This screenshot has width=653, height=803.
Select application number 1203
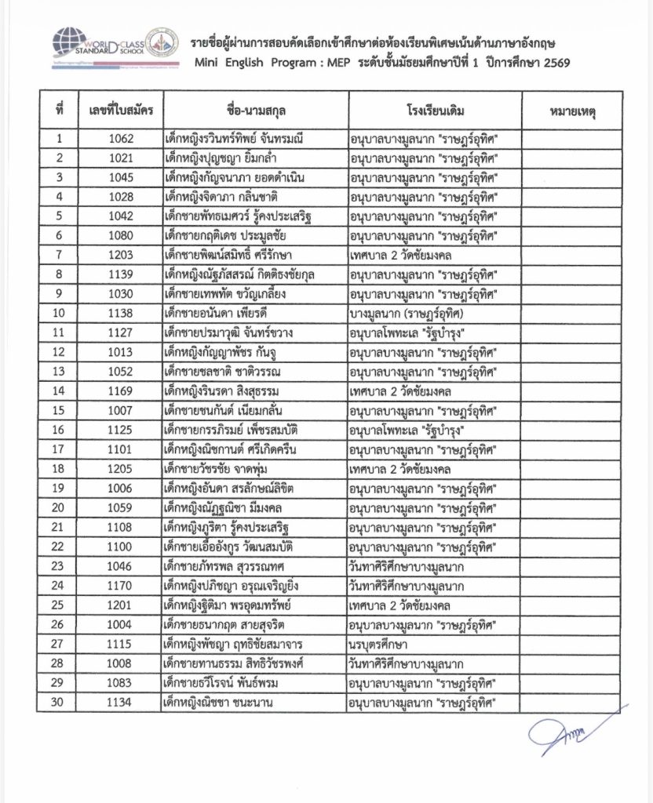point(121,256)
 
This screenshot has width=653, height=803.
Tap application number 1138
point(121,314)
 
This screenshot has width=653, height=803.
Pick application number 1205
point(121,469)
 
